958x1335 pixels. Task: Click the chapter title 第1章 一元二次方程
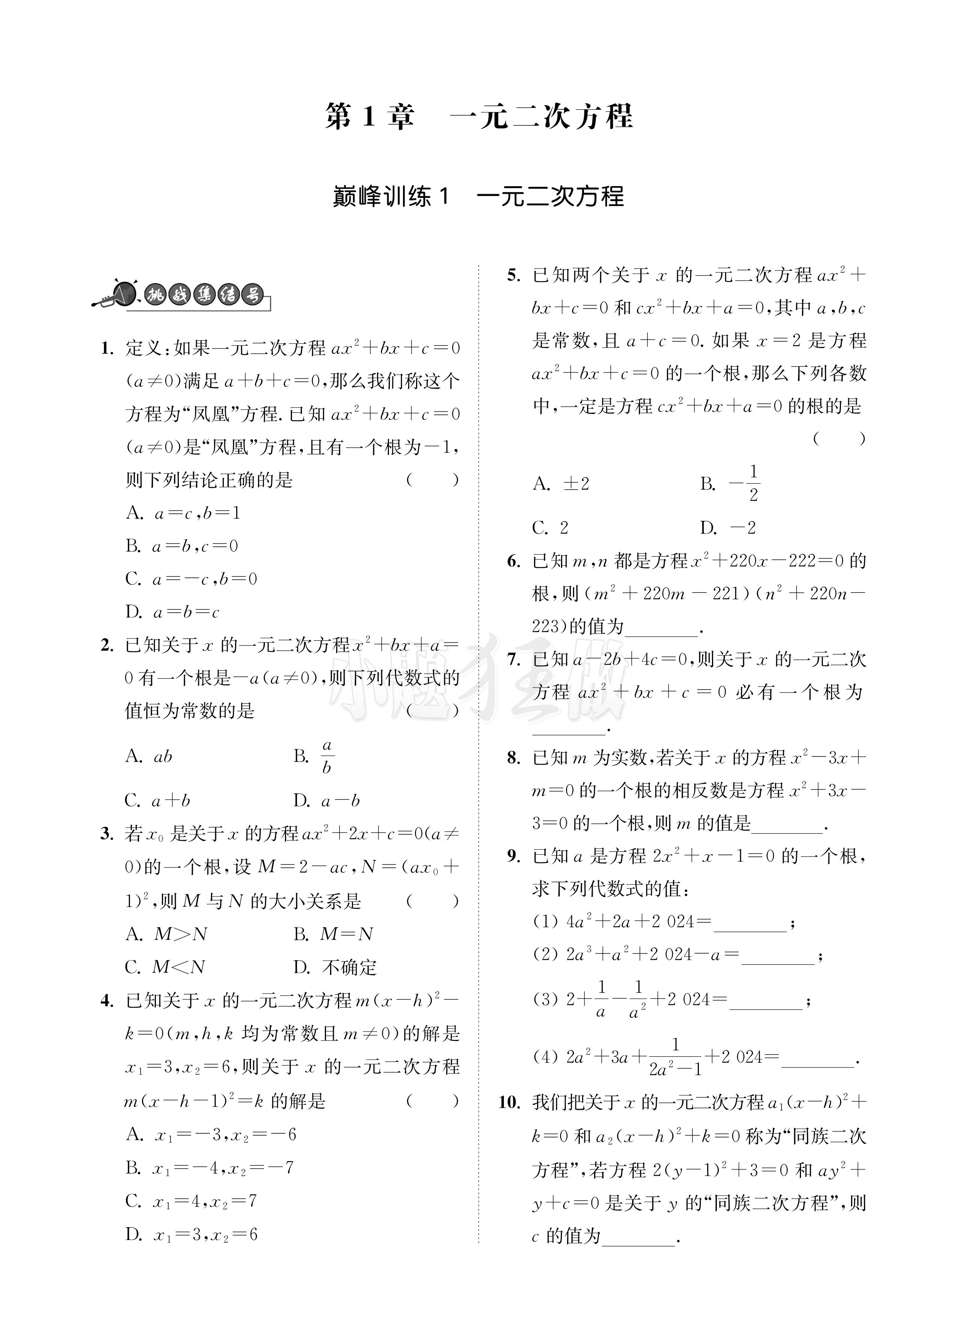tap(479, 116)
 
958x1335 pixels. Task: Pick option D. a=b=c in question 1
tap(172, 612)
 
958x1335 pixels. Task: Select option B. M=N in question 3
tap(333, 934)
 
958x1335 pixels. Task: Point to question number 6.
tap(513, 561)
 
